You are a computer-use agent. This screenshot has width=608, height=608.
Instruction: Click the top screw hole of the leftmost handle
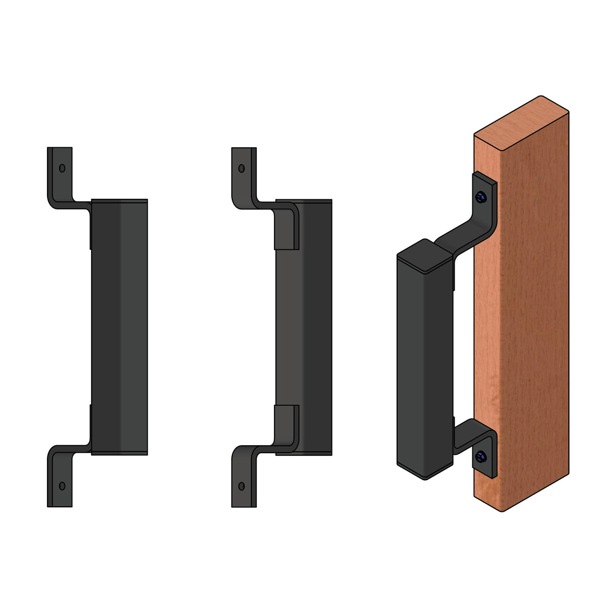tap(62, 168)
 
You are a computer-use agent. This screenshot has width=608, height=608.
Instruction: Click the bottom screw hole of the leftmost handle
tap(62, 485)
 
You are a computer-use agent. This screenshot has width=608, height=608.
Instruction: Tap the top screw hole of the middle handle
tap(241, 168)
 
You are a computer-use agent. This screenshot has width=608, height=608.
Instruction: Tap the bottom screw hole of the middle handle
tap(241, 486)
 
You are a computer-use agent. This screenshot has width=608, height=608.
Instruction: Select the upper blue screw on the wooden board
tap(481, 197)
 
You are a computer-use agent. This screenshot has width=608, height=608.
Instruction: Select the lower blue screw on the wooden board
tap(481, 456)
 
